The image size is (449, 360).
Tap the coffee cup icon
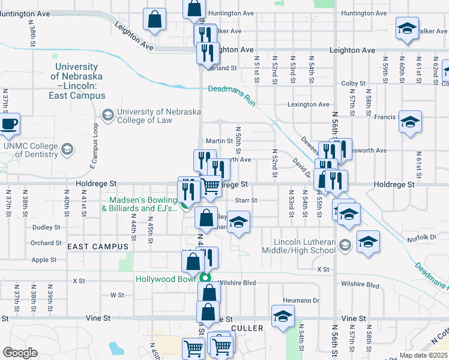pos(8,124)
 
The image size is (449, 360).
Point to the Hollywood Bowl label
pos(166,279)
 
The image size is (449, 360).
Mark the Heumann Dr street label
pos(300,301)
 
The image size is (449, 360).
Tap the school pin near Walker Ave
pos(407,28)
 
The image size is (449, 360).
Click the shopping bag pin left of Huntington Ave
pos(155,19)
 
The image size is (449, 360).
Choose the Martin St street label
pos(219,141)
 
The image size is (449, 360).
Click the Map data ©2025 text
pos(424,355)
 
